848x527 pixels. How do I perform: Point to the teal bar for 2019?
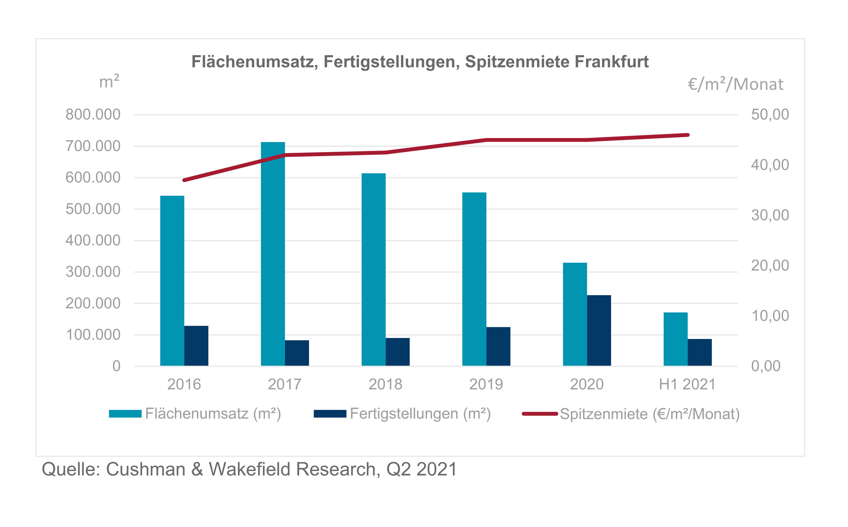(x=474, y=279)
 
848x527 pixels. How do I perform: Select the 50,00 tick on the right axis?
(x=770, y=115)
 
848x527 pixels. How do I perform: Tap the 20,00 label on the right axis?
(x=770, y=266)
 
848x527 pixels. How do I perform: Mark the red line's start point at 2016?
(x=184, y=180)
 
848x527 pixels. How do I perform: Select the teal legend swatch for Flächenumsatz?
(x=125, y=414)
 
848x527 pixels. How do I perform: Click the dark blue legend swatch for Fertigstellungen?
(x=330, y=414)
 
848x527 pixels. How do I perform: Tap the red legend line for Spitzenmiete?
(x=540, y=414)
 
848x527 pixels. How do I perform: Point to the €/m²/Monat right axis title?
(x=735, y=84)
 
